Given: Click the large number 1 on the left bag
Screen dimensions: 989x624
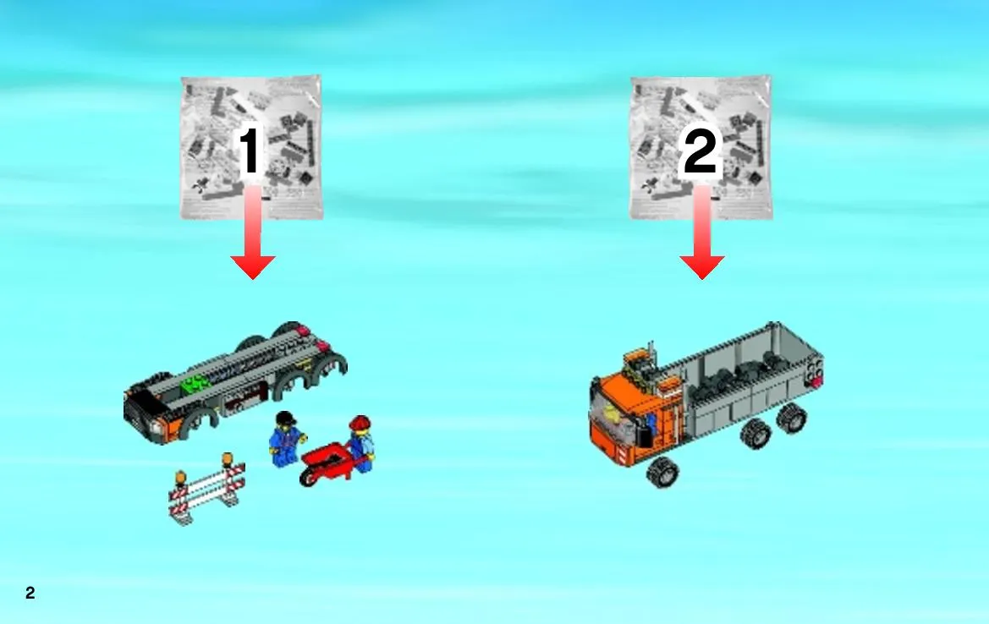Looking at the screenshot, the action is click(249, 150).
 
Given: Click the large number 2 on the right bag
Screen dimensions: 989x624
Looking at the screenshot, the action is click(701, 151).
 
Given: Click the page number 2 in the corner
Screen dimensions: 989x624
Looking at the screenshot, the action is click(30, 593).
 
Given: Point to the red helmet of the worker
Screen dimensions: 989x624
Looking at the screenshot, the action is click(359, 424).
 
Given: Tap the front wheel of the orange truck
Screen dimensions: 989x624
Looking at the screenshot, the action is click(662, 473).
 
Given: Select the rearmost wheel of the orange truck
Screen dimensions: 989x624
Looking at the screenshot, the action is click(792, 418).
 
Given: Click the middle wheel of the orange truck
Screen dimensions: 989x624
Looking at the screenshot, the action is click(755, 434).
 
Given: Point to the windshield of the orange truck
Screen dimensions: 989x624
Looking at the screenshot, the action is click(612, 410).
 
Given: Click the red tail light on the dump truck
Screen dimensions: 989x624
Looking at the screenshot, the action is click(816, 382).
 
